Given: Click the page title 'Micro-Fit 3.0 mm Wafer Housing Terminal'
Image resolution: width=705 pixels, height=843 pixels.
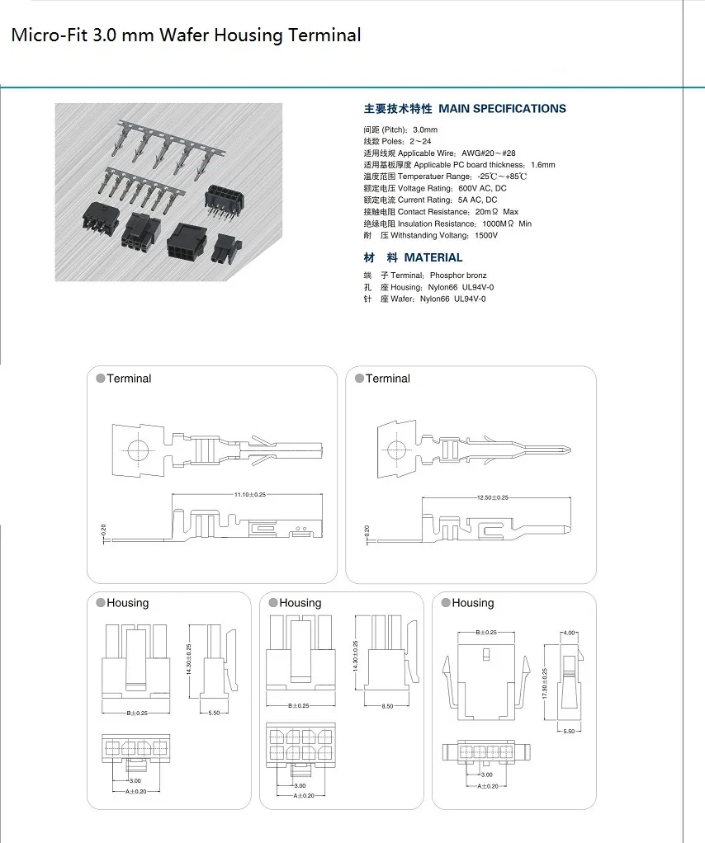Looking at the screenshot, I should (x=186, y=35).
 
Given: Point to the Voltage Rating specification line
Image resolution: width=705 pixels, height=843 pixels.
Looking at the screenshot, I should (x=435, y=189).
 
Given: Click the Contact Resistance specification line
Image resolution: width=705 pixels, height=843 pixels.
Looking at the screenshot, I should (x=441, y=212).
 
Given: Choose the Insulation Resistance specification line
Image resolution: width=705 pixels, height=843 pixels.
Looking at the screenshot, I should (x=447, y=224).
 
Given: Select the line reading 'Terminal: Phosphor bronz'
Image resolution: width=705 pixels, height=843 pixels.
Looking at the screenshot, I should (x=425, y=276).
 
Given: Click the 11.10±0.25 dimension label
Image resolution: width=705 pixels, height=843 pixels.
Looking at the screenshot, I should (x=250, y=494).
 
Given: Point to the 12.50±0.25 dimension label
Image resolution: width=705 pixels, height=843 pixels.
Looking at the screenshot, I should (x=492, y=497).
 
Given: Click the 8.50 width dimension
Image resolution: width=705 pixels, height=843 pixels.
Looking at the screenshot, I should (x=387, y=706).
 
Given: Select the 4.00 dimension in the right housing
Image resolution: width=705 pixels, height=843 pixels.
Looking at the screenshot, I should (x=569, y=633).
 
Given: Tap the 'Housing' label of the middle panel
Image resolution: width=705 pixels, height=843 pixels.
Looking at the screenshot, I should (x=300, y=603).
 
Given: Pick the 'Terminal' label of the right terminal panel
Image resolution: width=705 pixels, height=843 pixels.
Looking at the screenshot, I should (x=387, y=379).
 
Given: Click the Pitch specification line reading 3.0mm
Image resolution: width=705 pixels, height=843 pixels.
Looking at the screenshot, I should (x=400, y=130).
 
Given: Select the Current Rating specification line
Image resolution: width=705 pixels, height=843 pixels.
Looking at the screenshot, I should (x=430, y=200).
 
